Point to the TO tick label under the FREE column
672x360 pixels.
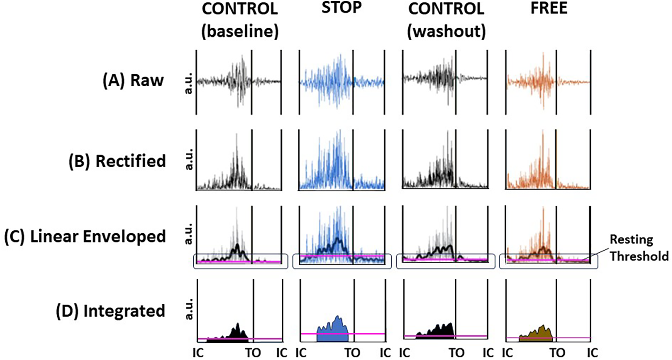[556, 351]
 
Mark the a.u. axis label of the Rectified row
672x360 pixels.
[187, 160]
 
